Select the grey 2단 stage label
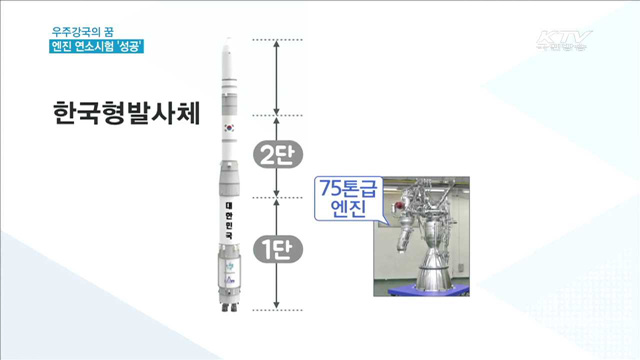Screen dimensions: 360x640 point(275,155)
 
